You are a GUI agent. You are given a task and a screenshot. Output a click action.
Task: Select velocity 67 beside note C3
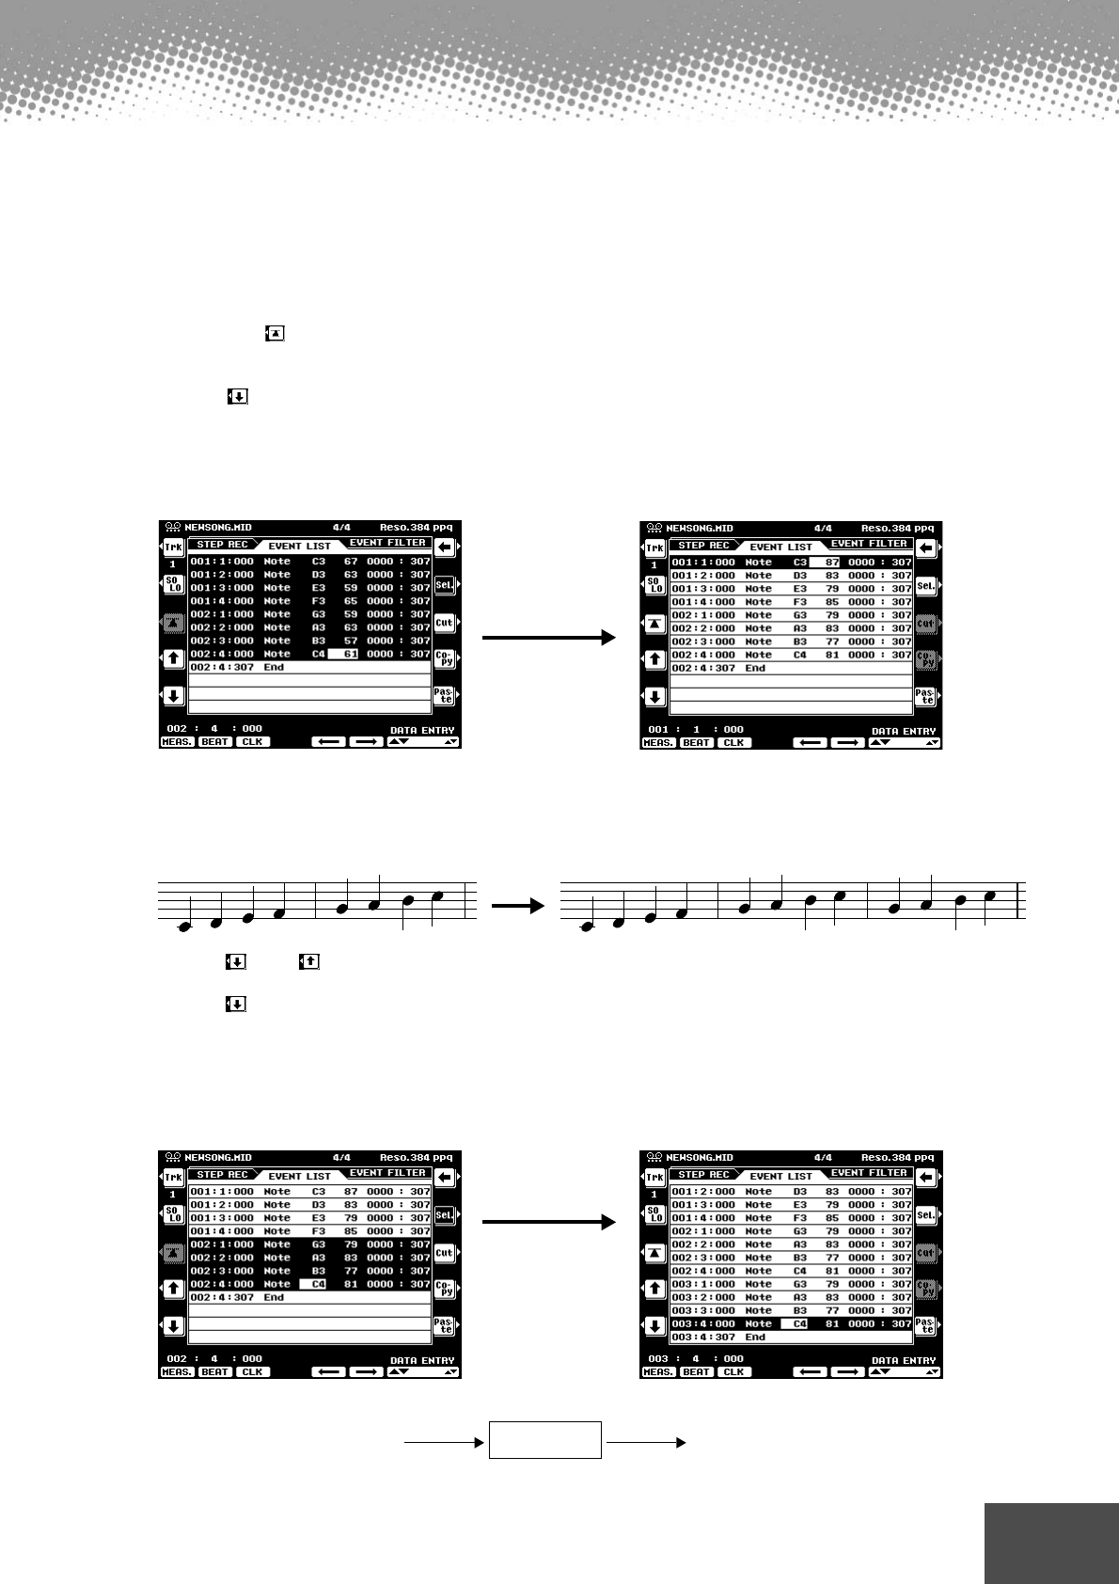tap(351, 562)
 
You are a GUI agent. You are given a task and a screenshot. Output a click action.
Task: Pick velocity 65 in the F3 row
tap(351, 601)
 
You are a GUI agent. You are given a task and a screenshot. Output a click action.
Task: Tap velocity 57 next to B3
tap(351, 641)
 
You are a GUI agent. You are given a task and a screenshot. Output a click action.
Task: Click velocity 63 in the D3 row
tap(351, 575)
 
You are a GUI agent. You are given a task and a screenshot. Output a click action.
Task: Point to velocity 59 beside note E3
tap(351, 588)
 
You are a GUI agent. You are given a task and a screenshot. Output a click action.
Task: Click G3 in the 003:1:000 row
tap(800, 1284)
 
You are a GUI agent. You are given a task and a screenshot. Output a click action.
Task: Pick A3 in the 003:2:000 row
tap(800, 1297)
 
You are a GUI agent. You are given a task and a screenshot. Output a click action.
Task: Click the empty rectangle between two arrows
tap(544, 1440)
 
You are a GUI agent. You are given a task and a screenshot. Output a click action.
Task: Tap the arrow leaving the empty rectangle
tap(647, 1440)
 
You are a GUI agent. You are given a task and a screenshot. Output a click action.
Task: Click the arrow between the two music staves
tap(518, 906)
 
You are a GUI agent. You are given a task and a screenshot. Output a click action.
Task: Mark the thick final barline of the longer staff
tap(1019, 900)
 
